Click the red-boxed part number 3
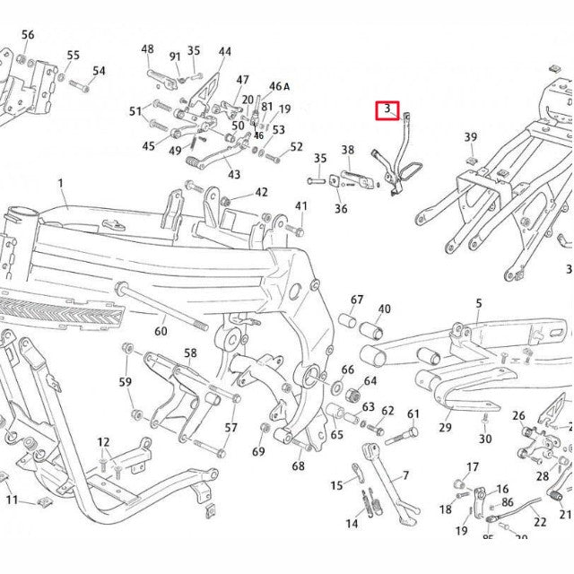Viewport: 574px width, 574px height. pos(387,110)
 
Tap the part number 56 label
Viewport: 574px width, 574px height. pos(28,35)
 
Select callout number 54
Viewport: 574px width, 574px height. pos(99,71)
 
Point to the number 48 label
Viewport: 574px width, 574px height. pos(147,49)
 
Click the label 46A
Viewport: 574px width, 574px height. pos(280,87)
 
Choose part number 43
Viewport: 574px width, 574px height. pos(234,175)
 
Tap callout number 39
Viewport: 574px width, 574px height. pos(471,137)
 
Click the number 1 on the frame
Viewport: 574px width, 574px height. pos(62,184)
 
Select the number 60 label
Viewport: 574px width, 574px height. pos(161,331)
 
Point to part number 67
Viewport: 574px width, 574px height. pos(357,300)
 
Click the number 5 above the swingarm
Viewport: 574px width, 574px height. pos(479,304)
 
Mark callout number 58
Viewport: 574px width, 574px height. pos(190,353)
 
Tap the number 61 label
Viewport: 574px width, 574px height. pos(413,413)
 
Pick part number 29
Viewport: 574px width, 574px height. pos(445,428)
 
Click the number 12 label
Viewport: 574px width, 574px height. pos(103,442)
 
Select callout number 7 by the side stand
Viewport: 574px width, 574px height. pos(405,475)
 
